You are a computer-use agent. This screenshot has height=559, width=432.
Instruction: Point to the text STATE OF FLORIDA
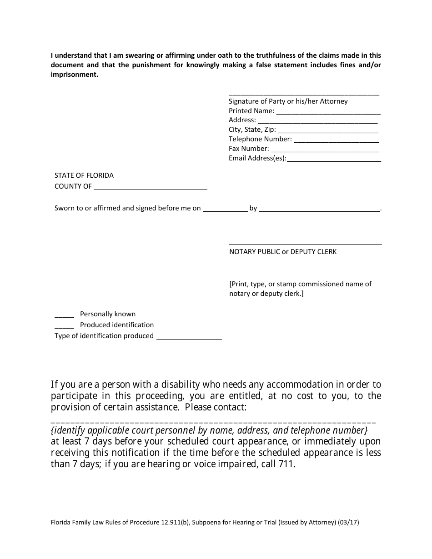coord(84,175)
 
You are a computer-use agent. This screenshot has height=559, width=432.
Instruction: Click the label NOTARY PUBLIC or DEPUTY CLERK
coord(283,252)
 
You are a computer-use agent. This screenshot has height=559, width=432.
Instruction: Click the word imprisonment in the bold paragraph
coord(74,75)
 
